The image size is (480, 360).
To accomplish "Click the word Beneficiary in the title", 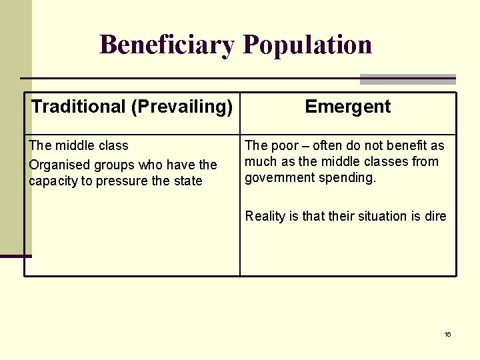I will pos(167,45).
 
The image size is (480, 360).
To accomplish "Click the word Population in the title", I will pos(307,45).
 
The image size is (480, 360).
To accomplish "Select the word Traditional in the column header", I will pos(79,107).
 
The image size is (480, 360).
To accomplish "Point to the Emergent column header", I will pos(347,107).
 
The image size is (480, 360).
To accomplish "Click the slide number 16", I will pos(447,334).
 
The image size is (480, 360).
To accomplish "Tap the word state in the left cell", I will pos(187,181).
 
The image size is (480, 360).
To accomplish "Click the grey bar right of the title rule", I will pos(407,79).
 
